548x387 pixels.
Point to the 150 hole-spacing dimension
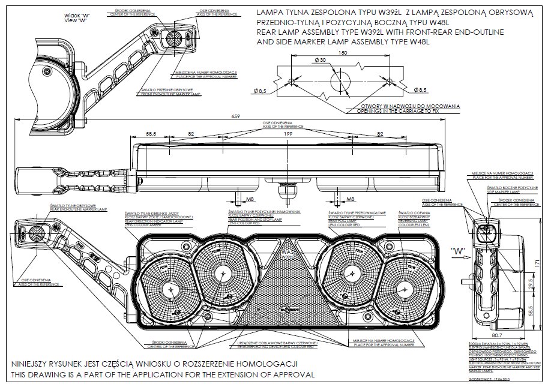343,53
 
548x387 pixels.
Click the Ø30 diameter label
320,61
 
